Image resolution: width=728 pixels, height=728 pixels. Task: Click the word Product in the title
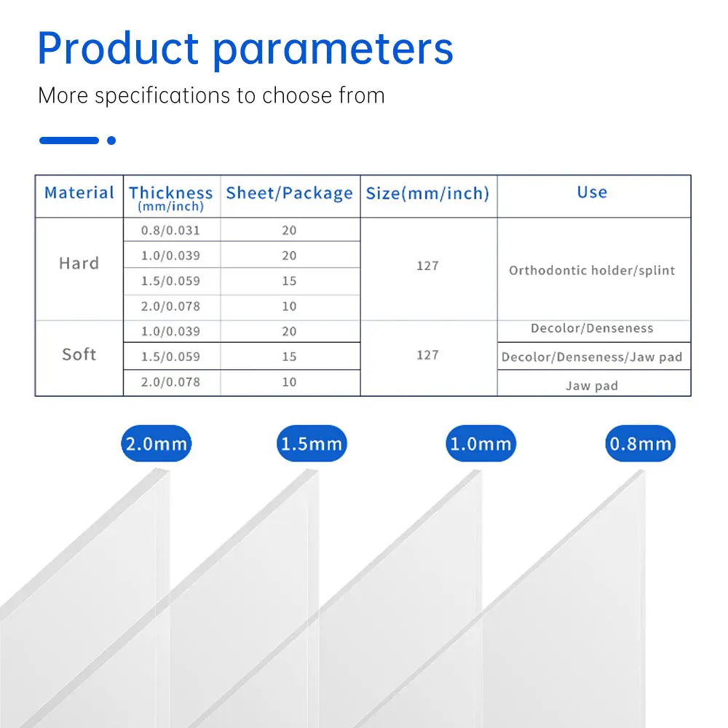[119, 48]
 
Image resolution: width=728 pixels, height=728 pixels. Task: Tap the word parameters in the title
[333, 51]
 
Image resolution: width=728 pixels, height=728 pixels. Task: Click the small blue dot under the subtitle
[111, 141]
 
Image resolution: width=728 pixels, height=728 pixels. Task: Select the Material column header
[79, 193]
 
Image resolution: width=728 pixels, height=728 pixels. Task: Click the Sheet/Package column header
[289, 193]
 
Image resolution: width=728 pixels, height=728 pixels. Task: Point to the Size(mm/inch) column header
[427, 193]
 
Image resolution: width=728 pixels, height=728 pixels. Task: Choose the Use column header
[592, 191]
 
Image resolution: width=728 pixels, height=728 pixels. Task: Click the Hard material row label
[79, 264]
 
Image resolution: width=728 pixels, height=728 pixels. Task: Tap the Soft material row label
[79, 355]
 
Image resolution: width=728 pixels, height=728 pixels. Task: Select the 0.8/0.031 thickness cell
[170, 230]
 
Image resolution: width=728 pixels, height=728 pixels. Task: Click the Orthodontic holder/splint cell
[592, 270]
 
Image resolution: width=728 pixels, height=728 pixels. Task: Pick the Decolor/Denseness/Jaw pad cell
[592, 357]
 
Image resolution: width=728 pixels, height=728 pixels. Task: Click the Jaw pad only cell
[592, 386]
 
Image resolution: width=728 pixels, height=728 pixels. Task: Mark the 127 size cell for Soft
[427, 355]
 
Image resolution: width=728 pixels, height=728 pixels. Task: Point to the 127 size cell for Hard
[427, 266]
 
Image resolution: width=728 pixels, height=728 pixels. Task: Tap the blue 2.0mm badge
[156, 443]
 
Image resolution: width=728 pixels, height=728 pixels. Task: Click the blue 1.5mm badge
[312, 443]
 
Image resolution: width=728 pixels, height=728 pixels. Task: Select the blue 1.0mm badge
[480, 443]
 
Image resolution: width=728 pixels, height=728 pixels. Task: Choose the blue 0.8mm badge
[640, 443]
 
